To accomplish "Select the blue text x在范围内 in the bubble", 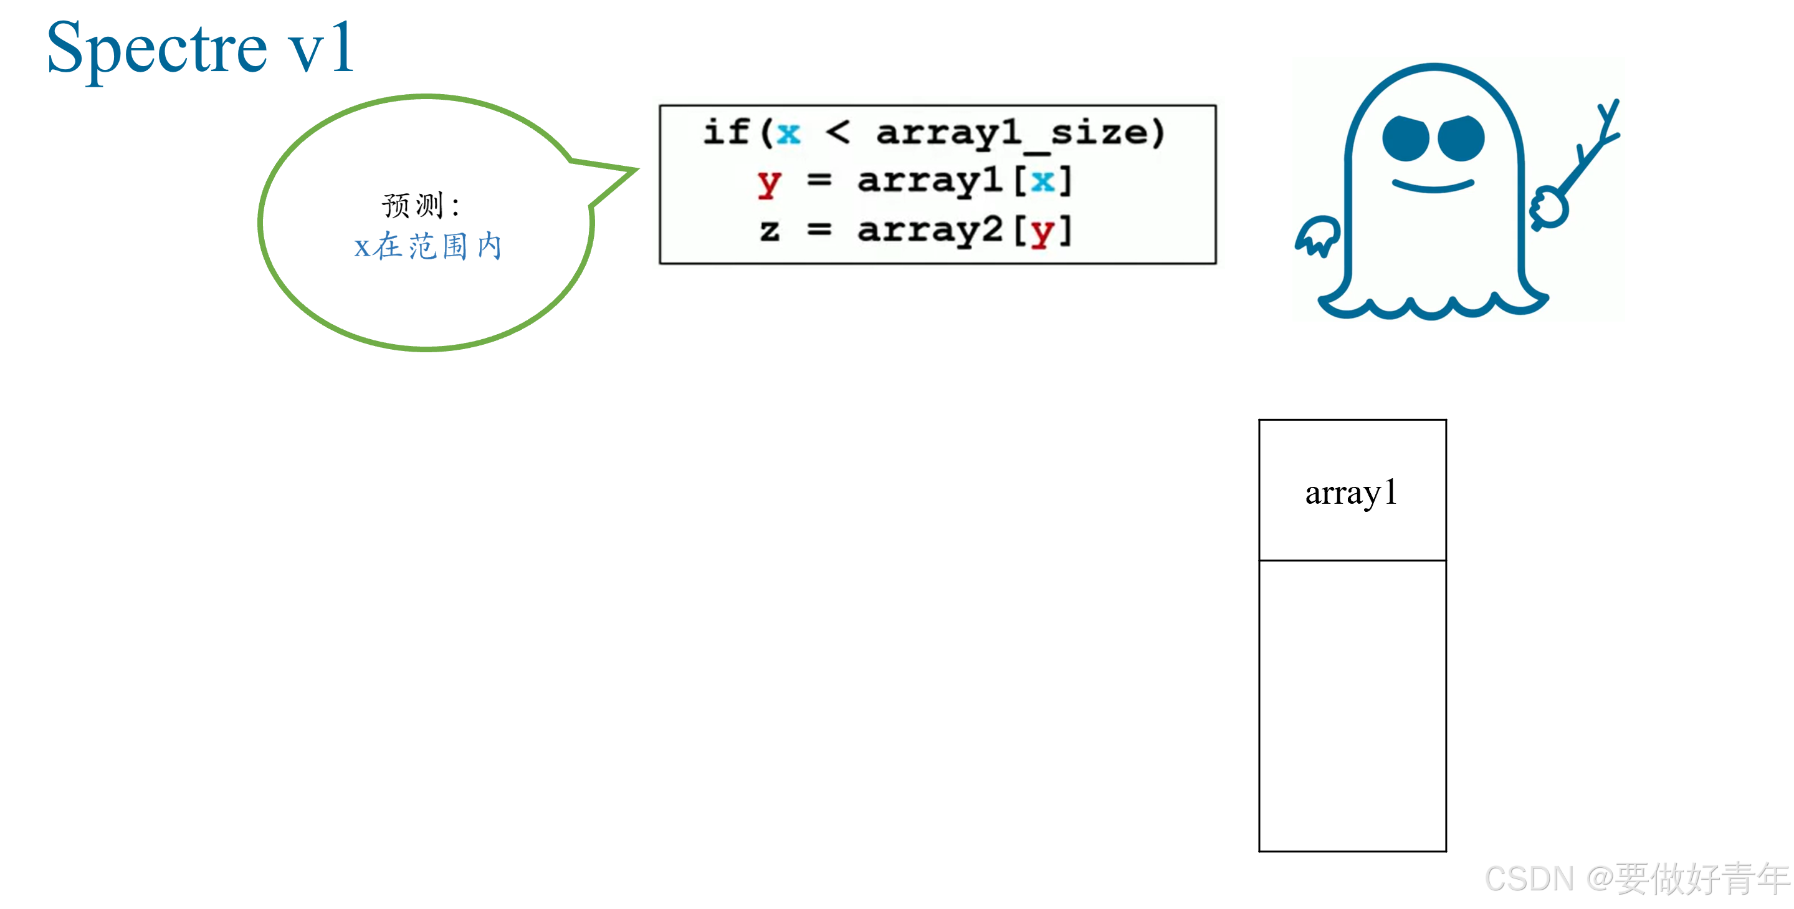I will click(x=427, y=246).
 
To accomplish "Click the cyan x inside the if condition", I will click(x=788, y=132).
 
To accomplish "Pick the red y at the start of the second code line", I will click(x=769, y=183).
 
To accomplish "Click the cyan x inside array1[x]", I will click(x=1042, y=181).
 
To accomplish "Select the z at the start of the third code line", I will click(x=769, y=230).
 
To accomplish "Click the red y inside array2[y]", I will click(x=1042, y=231).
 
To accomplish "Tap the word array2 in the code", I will click(x=930, y=230).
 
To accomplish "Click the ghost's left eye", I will click(x=1405, y=138).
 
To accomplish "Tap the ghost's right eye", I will click(x=1461, y=138).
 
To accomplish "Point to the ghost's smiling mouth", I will click(x=1433, y=185).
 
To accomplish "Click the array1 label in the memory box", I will click(x=1351, y=493).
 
